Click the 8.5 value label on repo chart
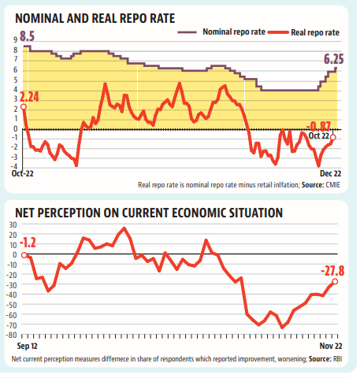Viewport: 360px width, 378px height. (x=28, y=36)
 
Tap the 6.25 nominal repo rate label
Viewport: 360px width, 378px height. (x=333, y=59)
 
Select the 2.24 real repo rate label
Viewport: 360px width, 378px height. (x=29, y=97)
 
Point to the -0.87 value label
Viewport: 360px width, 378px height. (x=318, y=126)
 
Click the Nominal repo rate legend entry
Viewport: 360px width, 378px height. (x=221, y=32)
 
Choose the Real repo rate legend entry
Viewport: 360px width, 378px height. (x=304, y=32)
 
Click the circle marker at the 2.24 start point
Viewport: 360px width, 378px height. (x=24, y=106)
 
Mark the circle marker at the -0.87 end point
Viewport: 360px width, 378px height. (x=333, y=137)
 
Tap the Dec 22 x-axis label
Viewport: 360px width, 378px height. (x=330, y=173)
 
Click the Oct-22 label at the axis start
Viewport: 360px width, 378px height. (x=23, y=173)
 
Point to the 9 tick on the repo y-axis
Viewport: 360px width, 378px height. (x=15, y=39)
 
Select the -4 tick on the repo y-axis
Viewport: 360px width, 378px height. (x=14, y=166)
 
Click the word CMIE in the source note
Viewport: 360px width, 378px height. (x=333, y=185)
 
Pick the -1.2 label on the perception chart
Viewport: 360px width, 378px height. (x=28, y=243)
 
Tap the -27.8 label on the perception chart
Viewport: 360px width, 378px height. (x=332, y=271)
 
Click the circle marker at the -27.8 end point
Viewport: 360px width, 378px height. (x=335, y=281)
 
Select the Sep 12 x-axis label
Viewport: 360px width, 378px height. (x=27, y=346)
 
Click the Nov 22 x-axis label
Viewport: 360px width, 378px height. (x=331, y=346)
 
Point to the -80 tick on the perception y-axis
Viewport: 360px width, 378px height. (x=12, y=335)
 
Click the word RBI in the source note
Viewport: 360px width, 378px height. (x=337, y=359)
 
